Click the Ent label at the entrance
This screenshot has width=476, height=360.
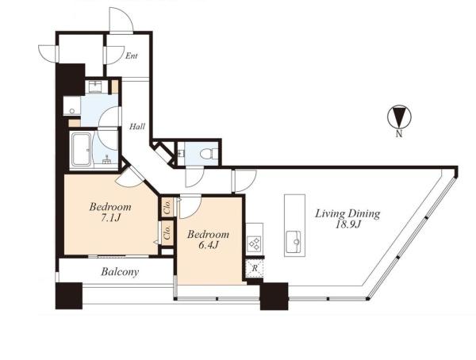point(132,56)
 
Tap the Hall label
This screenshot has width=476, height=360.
point(137,126)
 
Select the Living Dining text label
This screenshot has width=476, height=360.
point(347,214)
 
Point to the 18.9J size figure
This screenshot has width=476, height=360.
point(348,224)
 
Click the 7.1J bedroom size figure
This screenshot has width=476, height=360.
point(111,217)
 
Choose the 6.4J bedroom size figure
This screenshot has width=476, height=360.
point(208,245)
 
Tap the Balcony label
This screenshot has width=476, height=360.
point(120,272)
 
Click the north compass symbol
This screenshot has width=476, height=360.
point(399,117)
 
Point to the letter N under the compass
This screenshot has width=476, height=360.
point(399,133)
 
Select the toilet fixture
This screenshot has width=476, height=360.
point(209,153)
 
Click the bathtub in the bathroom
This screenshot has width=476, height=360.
point(81,150)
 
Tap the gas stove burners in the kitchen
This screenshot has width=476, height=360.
point(254,243)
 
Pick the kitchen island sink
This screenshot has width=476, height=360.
point(294,242)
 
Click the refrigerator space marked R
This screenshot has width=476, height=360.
point(255,268)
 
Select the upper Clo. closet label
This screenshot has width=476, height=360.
point(167,206)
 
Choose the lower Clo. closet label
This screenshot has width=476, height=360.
point(167,232)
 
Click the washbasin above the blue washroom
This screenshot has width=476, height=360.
point(97,87)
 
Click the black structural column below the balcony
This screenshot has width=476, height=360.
point(69,296)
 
